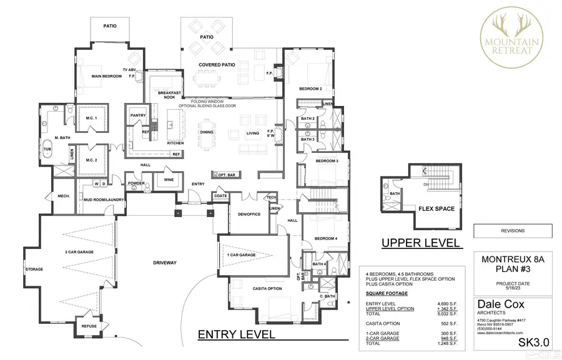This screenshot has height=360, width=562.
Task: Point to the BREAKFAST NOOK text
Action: tap(169, 94)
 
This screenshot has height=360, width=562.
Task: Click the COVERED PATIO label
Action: tap(216, 65)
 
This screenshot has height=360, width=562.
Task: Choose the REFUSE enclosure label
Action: tap(86, 326)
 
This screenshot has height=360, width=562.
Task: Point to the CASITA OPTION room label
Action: tap(249, 288)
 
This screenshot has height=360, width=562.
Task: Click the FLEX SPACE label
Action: tap(436, 208)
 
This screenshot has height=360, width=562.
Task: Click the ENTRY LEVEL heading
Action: tap(236, 334)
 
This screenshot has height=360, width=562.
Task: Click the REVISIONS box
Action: tap(513, 231)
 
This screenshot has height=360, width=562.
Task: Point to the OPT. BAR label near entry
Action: tap(223, 174)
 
